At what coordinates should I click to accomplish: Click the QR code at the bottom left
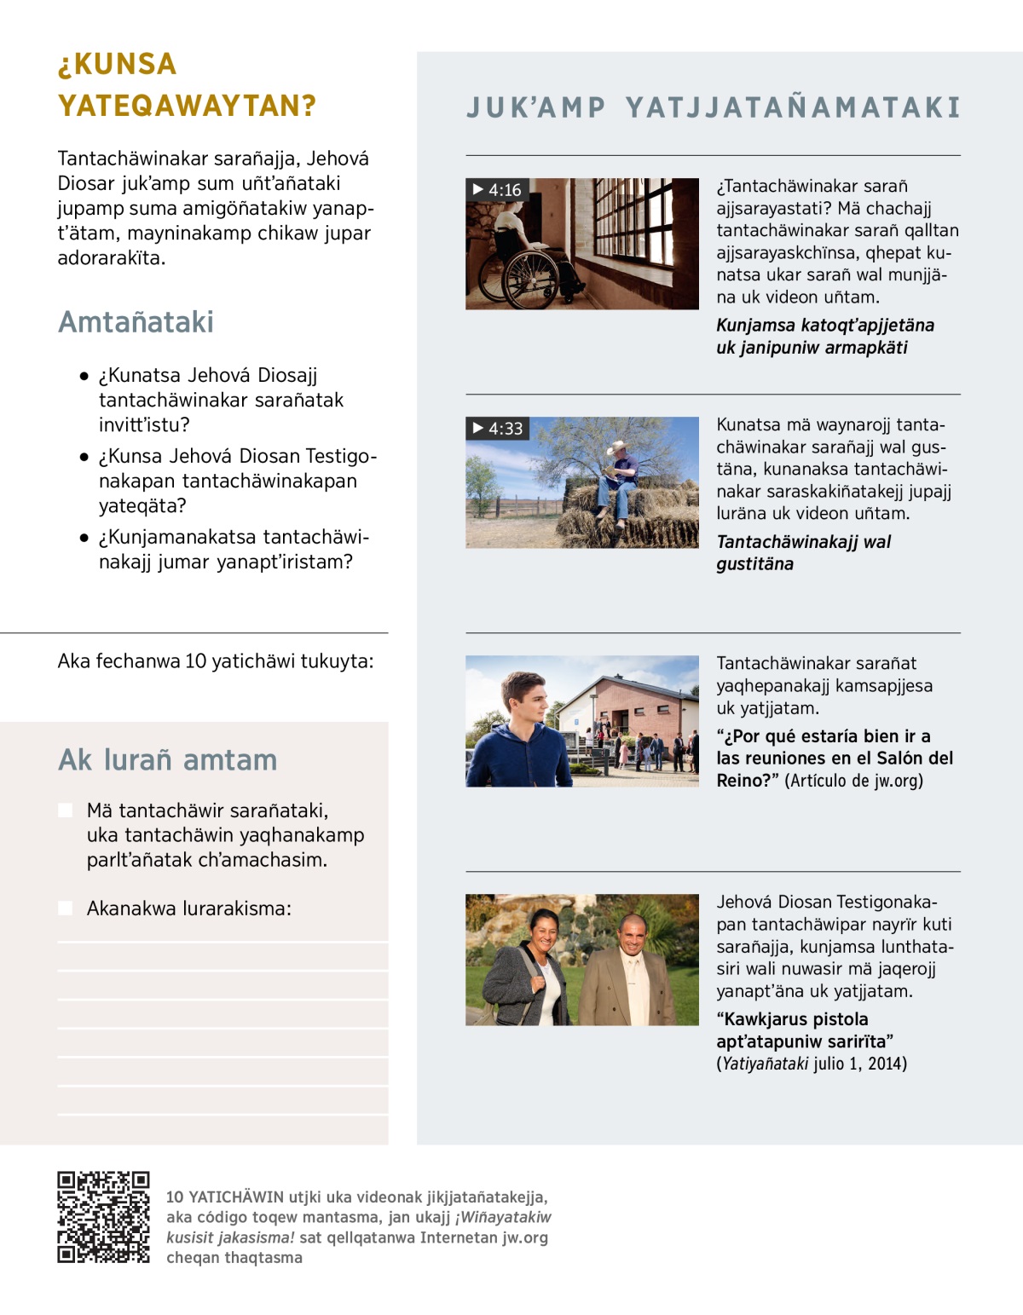[x=103, y=1216]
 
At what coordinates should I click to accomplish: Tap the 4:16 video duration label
[x=497, y=190]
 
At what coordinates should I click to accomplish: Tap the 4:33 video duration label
[x=498, y=429]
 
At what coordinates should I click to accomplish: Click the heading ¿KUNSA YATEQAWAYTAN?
[x=187, y=84]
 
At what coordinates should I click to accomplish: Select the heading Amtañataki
[x=136, y=322]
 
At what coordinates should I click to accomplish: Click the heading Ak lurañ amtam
[x=168, y=759]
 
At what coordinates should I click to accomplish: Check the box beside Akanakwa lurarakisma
[x=66, y=908]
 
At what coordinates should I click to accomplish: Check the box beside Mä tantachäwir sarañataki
[x=66, y=810]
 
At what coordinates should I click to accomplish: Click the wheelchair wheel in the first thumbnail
[x=508, y=279]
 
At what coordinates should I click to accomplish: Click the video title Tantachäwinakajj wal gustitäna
[x=802, y=552]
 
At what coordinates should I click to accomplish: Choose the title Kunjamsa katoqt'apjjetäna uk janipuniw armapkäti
[x=824, y=336]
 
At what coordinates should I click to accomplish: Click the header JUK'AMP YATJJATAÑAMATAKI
[x=714, y=107]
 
